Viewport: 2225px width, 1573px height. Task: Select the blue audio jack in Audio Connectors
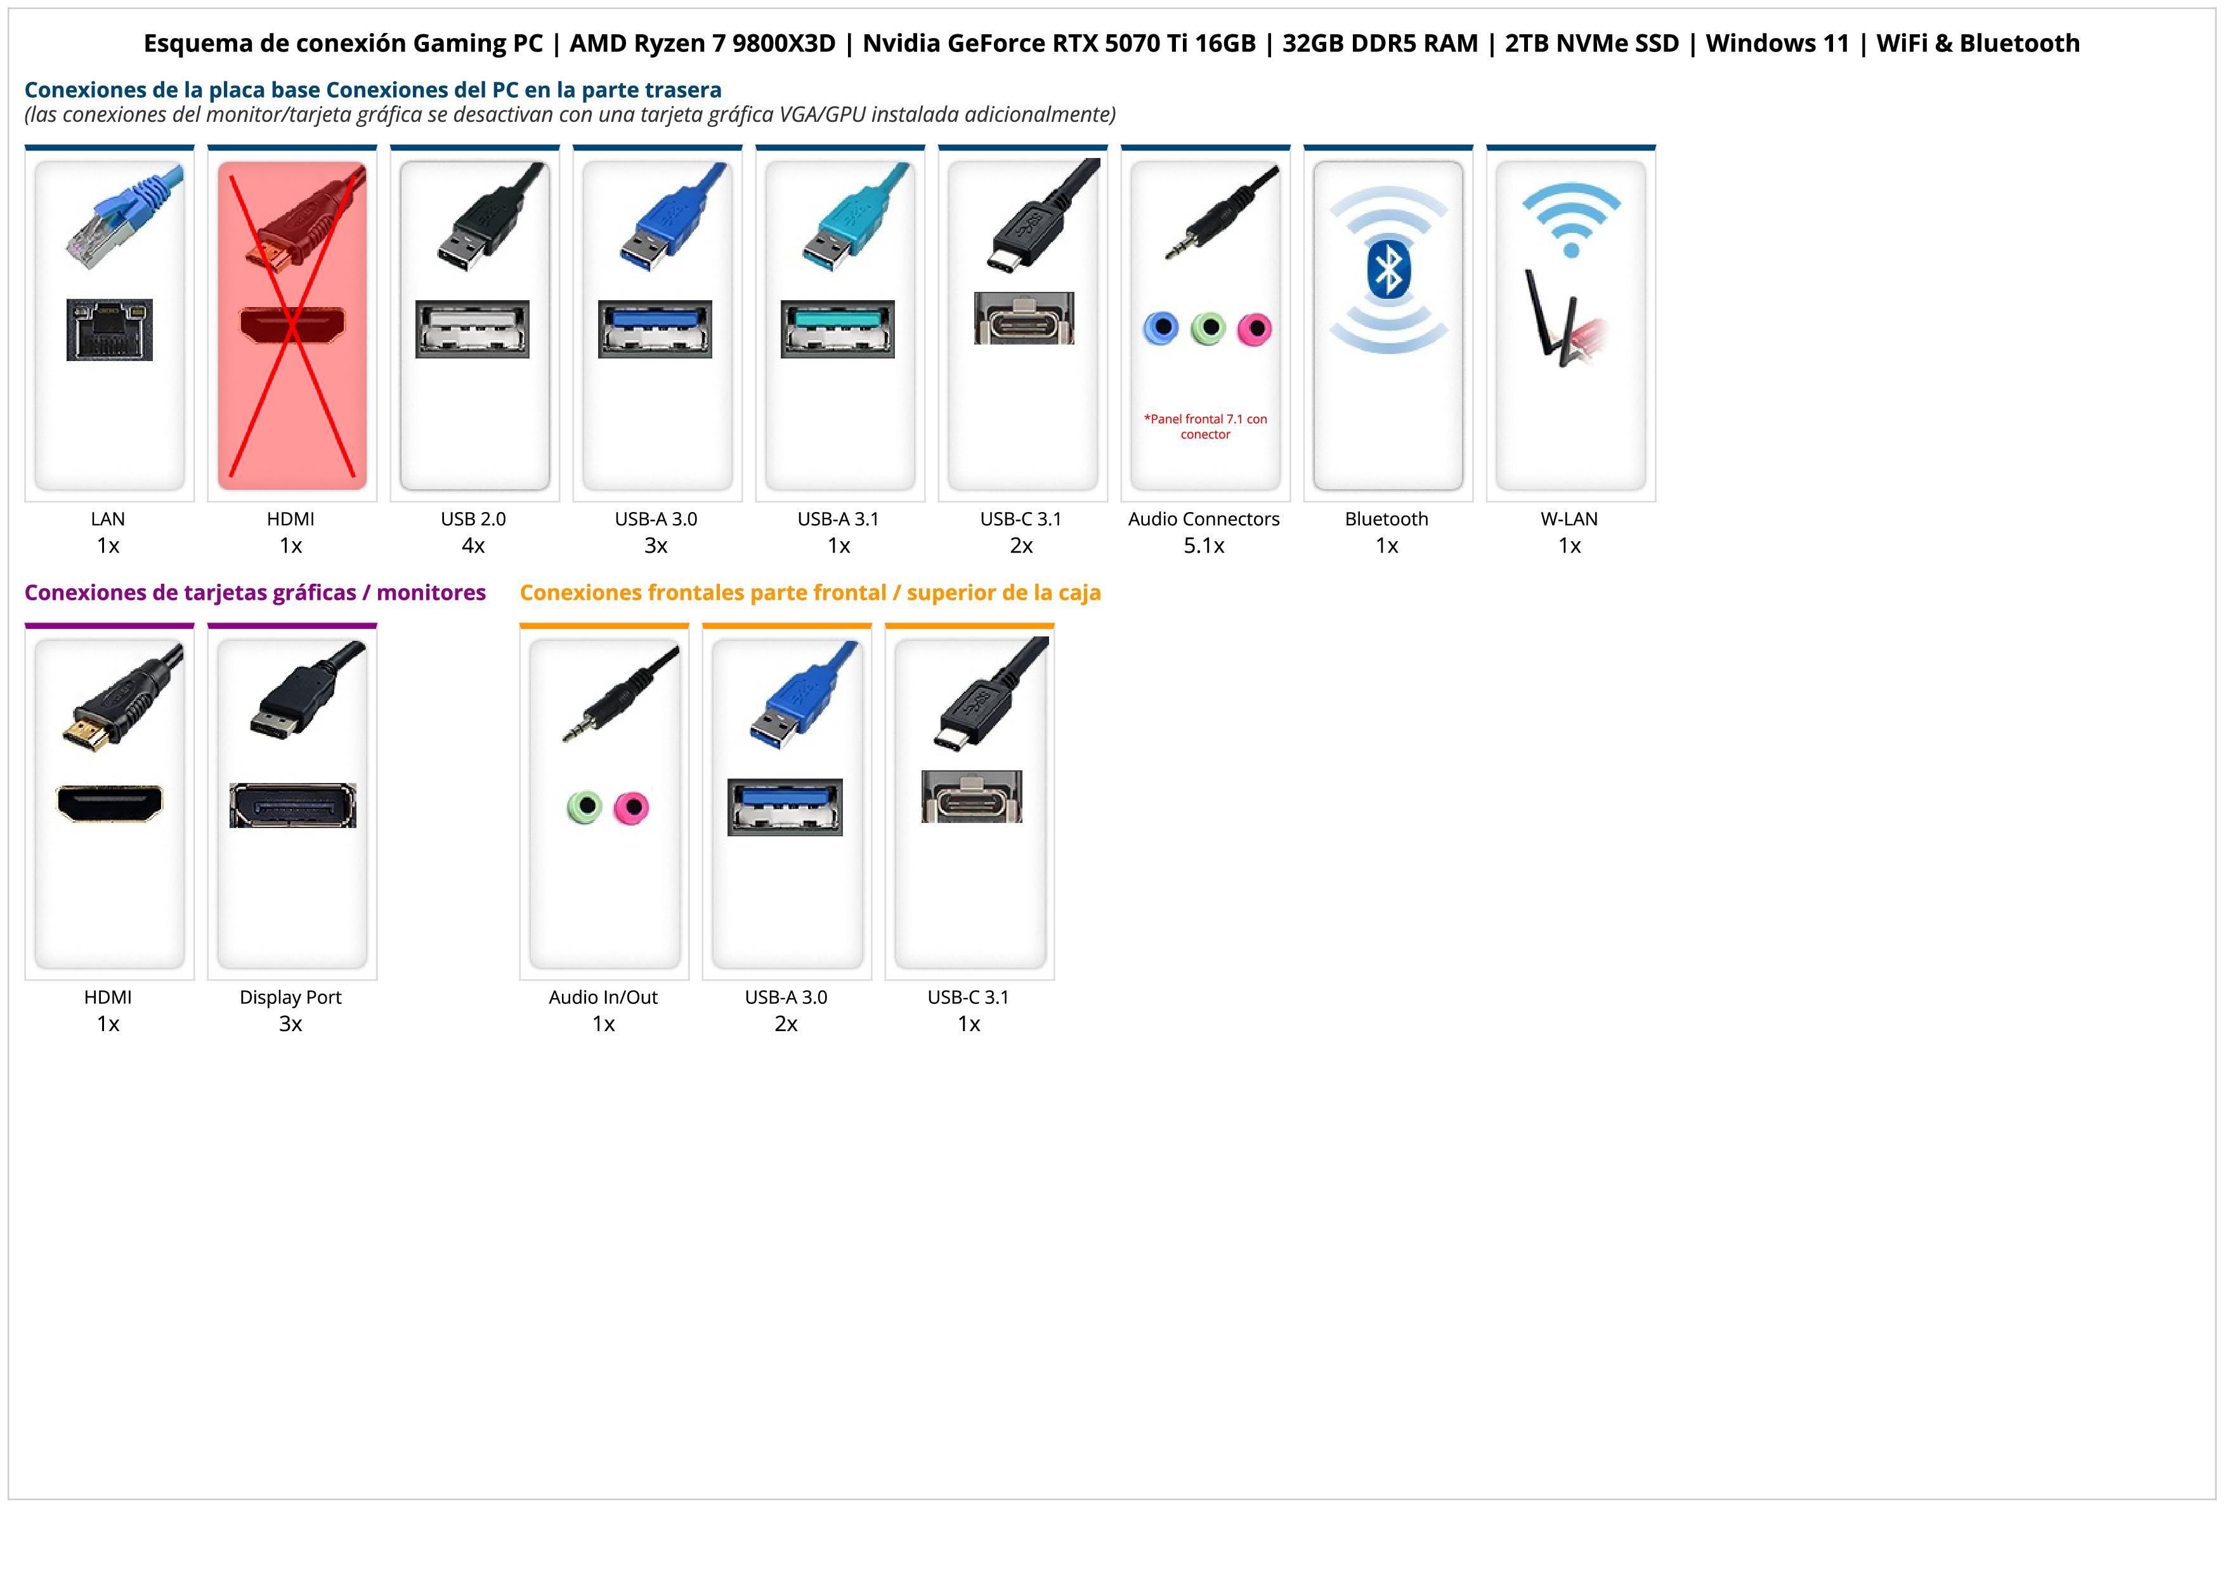coord(1161,329)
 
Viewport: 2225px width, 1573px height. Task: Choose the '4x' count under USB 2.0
coord(473,546)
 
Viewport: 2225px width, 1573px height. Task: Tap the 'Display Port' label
coord(290,997)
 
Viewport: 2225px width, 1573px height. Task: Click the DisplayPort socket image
coord(292,805)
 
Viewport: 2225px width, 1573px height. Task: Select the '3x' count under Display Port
coord(290,1024)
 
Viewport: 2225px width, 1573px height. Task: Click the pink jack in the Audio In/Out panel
coord(632,807)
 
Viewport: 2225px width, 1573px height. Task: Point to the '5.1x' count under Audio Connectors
coord(1204,546)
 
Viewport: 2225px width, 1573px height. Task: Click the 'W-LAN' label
coord(1569,520)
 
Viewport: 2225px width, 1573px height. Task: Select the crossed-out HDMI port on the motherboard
coord(292,327)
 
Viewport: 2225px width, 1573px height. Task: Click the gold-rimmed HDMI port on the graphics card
coord(110,803)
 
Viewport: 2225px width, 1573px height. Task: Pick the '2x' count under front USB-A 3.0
coord(786,1024)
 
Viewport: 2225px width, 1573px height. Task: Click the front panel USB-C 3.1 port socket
coord(971,797)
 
